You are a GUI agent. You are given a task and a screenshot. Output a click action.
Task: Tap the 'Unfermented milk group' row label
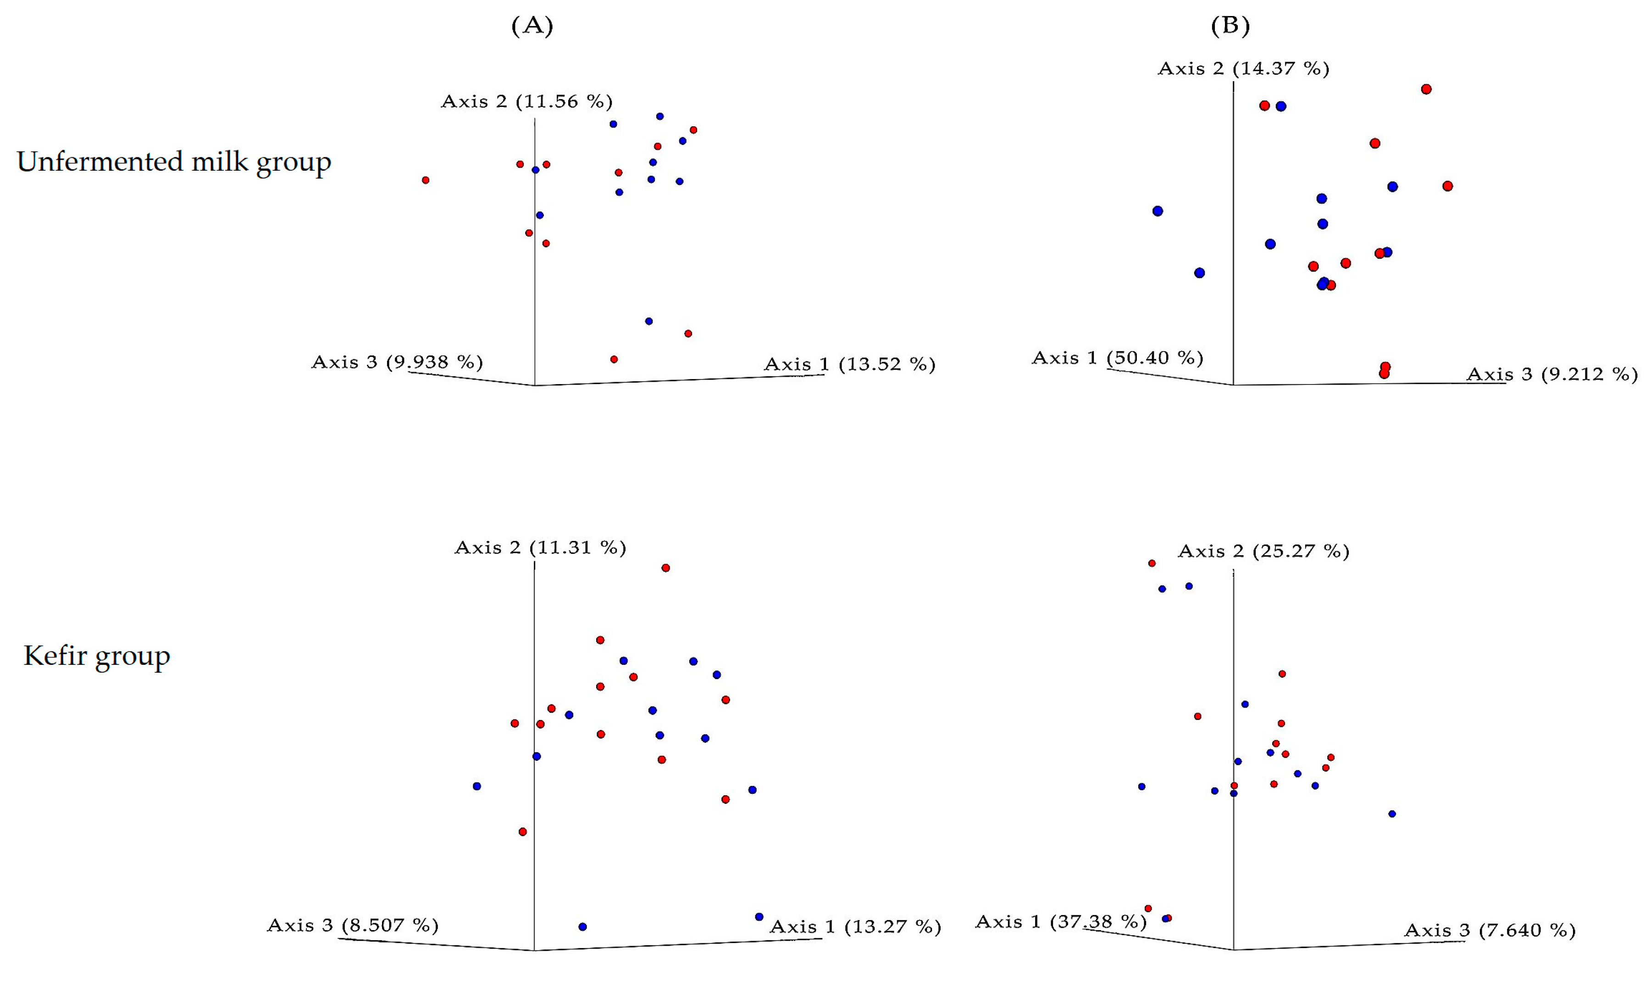click(173, 162)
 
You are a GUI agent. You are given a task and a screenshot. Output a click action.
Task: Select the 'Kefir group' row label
click(97, 656)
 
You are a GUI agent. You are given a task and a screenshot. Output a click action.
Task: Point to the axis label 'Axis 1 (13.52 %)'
click(849, 364)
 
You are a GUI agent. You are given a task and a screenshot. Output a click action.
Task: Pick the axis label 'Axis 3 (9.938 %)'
click(397, 362)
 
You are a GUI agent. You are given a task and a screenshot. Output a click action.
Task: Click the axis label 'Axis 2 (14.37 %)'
click(1243, 68)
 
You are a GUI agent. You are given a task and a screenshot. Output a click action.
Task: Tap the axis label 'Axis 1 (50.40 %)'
click(1117, 358)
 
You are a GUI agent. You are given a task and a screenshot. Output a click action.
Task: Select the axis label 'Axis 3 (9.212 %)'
click(1552, 374)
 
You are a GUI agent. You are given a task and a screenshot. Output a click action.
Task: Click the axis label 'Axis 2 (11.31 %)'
click(540, 547)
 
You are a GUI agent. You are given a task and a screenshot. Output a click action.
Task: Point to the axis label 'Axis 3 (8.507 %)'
click(352, 925)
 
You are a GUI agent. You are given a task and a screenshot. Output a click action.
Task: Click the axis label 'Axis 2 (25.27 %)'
click(1263, 552)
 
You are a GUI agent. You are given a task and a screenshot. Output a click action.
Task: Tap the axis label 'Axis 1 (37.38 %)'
click(1060, 922)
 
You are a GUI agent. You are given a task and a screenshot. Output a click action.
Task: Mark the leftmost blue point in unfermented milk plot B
click(1157, 211)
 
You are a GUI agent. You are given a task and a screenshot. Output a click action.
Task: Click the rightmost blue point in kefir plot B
click(1392, 814)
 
